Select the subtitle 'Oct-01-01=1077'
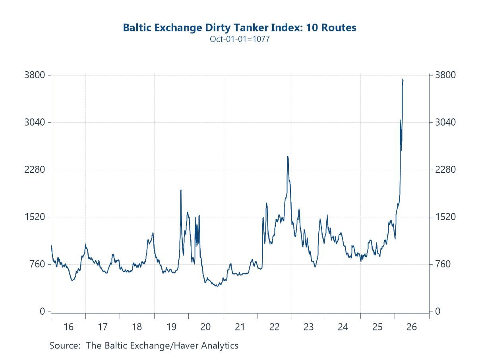240,39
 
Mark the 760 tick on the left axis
38,264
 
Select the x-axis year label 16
68,327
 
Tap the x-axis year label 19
171,327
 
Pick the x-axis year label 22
275,327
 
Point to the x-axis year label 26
412,327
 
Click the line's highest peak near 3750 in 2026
403,79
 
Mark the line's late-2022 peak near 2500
287,156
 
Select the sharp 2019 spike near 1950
181,190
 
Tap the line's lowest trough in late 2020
217,286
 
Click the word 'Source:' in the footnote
65,345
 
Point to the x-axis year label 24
343,327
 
